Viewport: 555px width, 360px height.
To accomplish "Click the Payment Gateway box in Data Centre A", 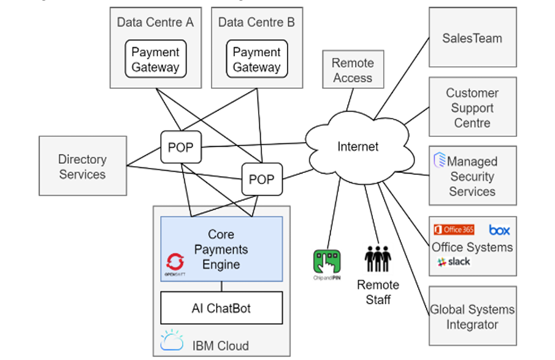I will [x=155, y=59].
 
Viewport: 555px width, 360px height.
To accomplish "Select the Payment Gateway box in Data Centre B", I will [x=256, y=59].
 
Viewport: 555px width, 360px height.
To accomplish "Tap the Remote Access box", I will [x=353, y=71].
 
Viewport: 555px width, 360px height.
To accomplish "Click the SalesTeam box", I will [x=472, y=37].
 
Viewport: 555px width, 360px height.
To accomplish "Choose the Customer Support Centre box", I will [x=472, y=108].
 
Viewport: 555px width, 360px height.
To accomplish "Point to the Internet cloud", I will [x=358, y=146].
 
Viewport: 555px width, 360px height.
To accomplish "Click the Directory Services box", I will [x=82, y=166].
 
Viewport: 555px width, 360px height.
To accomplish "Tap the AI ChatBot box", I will [x=221, y=308].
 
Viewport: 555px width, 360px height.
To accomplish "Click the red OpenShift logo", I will [x=174, y=262].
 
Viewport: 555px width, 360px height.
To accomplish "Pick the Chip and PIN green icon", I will [x=327, y=264].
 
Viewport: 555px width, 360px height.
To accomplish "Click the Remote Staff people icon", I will [x=378, y=259].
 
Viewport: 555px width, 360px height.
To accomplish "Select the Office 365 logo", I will [x=454, y=230].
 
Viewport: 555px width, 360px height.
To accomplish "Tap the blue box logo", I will [x=499, y=231].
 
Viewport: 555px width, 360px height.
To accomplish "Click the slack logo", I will [x=454, y=262].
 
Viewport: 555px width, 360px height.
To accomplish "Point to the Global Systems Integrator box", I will [x=472, y=316].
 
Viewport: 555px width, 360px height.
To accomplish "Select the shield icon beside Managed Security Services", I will [x=440, y=161].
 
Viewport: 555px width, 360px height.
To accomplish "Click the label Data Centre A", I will [x=155, y=22].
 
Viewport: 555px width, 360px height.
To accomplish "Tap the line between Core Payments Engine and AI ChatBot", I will [x=221, y=286].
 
